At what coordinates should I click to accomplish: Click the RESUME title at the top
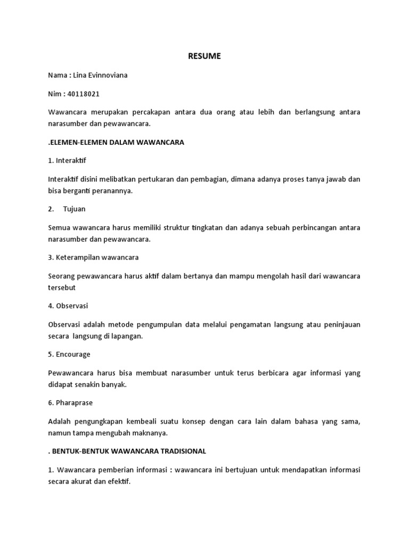pyautogui.click(x=204, y=56)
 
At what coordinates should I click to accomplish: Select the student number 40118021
pyautogui.click(x=84, y=94)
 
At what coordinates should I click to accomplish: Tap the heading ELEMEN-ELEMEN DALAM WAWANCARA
pyautogui.click(x=116, y=143)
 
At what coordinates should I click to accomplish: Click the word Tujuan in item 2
pyautogui.click(x=75, y=209)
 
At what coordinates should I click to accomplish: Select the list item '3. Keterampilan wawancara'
pyautogui.click(x=93, y=257)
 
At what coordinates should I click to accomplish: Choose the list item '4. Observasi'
pyautogui.click(x=68, y=306)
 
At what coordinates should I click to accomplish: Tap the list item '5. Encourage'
pyautogui.click(x=69, y=354)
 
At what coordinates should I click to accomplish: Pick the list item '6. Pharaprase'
pyautogui.click(x=71, y=403)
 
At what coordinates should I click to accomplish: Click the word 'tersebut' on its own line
pyautogui.click(x=62, y=287)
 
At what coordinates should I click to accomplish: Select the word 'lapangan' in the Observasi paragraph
pyautogui.click(x=128, y=336)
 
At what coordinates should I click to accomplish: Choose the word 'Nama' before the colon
pyautogui.click(x=57, y=75)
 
